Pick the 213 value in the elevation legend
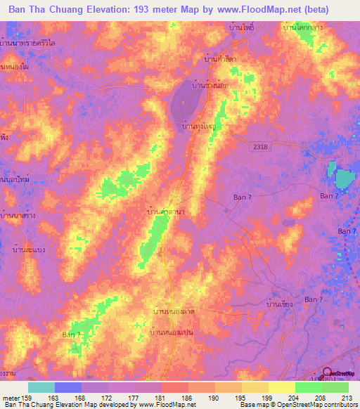(x=347, y=397)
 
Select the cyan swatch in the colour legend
(x=41, y=387)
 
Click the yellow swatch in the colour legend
(x=281, y=387)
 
